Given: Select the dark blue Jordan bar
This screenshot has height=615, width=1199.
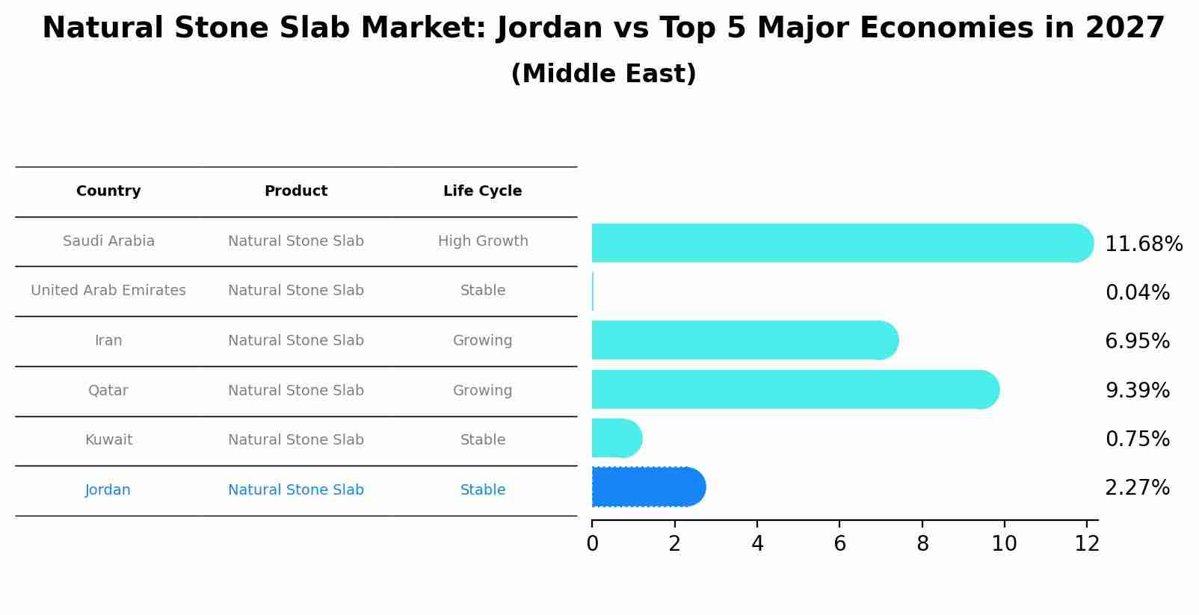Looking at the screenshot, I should (x=647, y=487).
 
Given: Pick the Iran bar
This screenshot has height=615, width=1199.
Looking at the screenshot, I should (x=744, y=340).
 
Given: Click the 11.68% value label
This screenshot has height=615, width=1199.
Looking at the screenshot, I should (x=1143, y=244).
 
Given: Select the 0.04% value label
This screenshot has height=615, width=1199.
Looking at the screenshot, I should (x=1137, y=293).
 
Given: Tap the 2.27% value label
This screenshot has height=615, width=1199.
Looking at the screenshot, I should (x=1137, y=488).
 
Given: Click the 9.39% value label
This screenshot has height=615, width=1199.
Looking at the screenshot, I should (x=1137, y=390).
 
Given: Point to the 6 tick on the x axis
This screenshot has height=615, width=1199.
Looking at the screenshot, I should (x=839, y=544).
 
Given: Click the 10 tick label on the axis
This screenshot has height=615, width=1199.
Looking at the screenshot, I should (x=1004, y=544).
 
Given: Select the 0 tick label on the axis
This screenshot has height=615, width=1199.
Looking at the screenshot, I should (x=592, y=544).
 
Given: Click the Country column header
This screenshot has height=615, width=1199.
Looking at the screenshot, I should (x=108, y=191).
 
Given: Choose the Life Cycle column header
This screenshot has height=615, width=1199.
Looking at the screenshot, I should (x=482, y=191).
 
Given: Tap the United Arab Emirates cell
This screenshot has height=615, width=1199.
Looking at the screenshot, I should (x=108, y=291).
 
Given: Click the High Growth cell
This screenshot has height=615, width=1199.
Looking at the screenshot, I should (x=482, y=241).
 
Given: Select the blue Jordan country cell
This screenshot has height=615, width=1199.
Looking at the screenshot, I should (x=108, y=490).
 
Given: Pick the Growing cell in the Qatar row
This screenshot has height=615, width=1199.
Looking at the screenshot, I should (x=482, y=391).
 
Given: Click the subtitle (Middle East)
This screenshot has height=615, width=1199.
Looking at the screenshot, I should (x=603, y=74).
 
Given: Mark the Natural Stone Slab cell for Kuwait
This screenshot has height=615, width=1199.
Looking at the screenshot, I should (x=295, y=440).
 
